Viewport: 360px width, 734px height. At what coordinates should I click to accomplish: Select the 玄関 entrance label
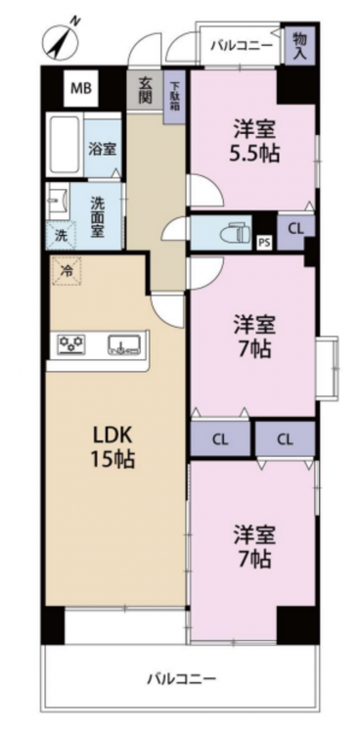pos(144,90)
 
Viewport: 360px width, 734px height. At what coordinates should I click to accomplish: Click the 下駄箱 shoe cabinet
pos(174,97)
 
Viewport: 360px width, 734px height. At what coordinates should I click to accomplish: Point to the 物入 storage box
pos(299,45)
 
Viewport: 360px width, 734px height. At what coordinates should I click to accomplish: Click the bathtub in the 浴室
pos(66,145)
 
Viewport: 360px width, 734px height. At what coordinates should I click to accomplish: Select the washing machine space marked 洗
pos(62,236)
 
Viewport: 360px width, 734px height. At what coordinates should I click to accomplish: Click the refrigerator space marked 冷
pos(67,270)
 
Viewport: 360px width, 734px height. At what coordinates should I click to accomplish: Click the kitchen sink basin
pos(124,344)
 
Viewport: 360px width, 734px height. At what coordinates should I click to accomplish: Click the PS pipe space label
pos(264,243)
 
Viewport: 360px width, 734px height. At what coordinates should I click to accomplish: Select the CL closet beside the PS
pos(295,229)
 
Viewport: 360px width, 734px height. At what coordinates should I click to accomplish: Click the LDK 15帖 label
pos(114,447)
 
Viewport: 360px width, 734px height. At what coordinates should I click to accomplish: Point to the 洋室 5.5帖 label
pos(254,140)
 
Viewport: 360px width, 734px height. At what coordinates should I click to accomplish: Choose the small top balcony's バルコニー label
pos(242,46)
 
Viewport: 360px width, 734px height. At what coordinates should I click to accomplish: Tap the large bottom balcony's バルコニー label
pos(182,678)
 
